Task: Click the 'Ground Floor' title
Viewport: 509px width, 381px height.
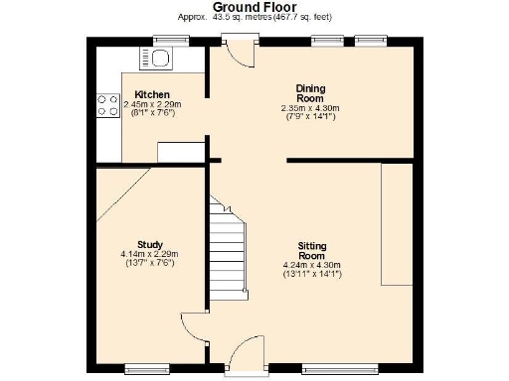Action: point(254,7)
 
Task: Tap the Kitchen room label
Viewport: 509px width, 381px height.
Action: point(152,94)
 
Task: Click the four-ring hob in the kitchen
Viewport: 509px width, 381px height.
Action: point(103,105)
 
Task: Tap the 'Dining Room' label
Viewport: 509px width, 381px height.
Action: point(309,93)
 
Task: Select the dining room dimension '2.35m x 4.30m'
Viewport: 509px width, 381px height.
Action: point(310,108)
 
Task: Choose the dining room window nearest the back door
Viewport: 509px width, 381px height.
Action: point(326,41)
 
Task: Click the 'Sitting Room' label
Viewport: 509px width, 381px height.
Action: point(311,250)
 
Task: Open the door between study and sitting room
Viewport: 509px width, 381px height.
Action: point(193,328)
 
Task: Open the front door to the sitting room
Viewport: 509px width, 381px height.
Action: point(241,357)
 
